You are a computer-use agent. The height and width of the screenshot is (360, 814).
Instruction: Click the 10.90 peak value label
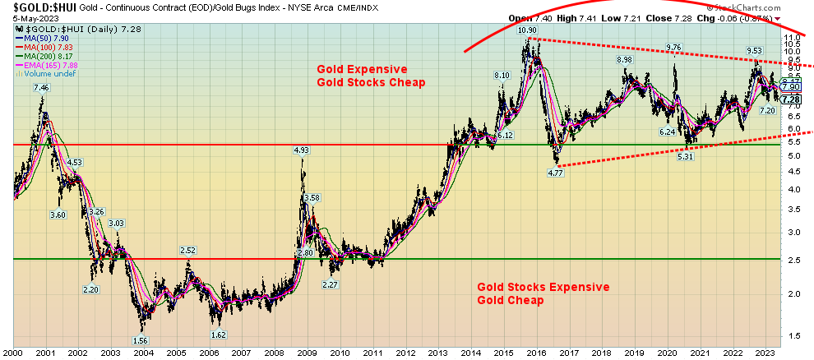527,30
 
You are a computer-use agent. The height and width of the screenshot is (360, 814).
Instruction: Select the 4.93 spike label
302,150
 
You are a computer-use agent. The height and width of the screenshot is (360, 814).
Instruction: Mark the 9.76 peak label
674,47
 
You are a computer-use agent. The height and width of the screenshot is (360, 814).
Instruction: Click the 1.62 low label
218,335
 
